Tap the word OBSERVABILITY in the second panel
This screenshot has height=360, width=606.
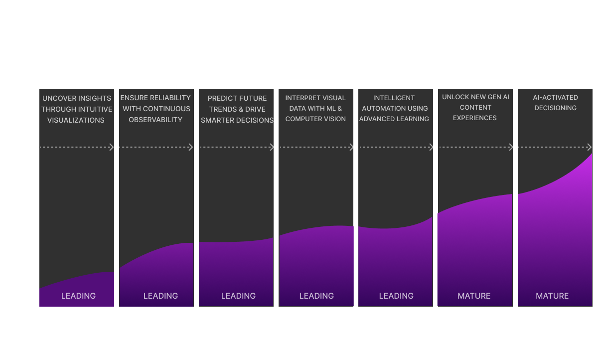click(x=155, y=120)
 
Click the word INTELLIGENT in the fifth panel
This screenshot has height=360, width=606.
click(x=394, y=98)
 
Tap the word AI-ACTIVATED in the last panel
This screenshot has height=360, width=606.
click(x=555, y=97)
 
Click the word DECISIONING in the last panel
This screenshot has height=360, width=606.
click(x=555, y=108)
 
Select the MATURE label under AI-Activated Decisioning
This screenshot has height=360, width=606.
click(x=552, y=296)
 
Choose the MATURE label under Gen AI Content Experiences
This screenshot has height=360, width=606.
click(x=474, y=296)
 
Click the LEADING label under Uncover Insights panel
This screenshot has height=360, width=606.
click(x=78, y=296)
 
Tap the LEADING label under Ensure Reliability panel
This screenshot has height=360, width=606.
click(x=160, y=296)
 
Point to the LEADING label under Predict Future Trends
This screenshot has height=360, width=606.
click(x=238, y=296)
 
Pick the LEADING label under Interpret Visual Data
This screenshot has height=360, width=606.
click(x=316, y=296)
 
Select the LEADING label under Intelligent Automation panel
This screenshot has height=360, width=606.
click(x=396, y=296)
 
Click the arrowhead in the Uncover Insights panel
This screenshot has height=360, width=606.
click(x=111, y=147)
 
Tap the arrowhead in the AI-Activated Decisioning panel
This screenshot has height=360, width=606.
click(x=589, y=147)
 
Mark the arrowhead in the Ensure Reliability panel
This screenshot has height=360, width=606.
click(x=191, y=147)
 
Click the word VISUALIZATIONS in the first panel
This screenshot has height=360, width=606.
click(x=76, y=120)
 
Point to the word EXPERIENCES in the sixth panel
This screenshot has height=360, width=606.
click(x=475, y=118)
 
